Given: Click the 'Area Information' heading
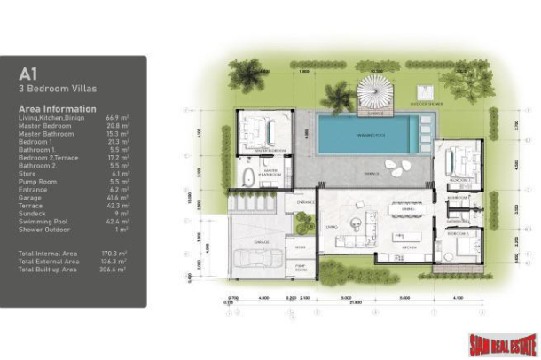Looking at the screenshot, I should pos(54,108).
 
